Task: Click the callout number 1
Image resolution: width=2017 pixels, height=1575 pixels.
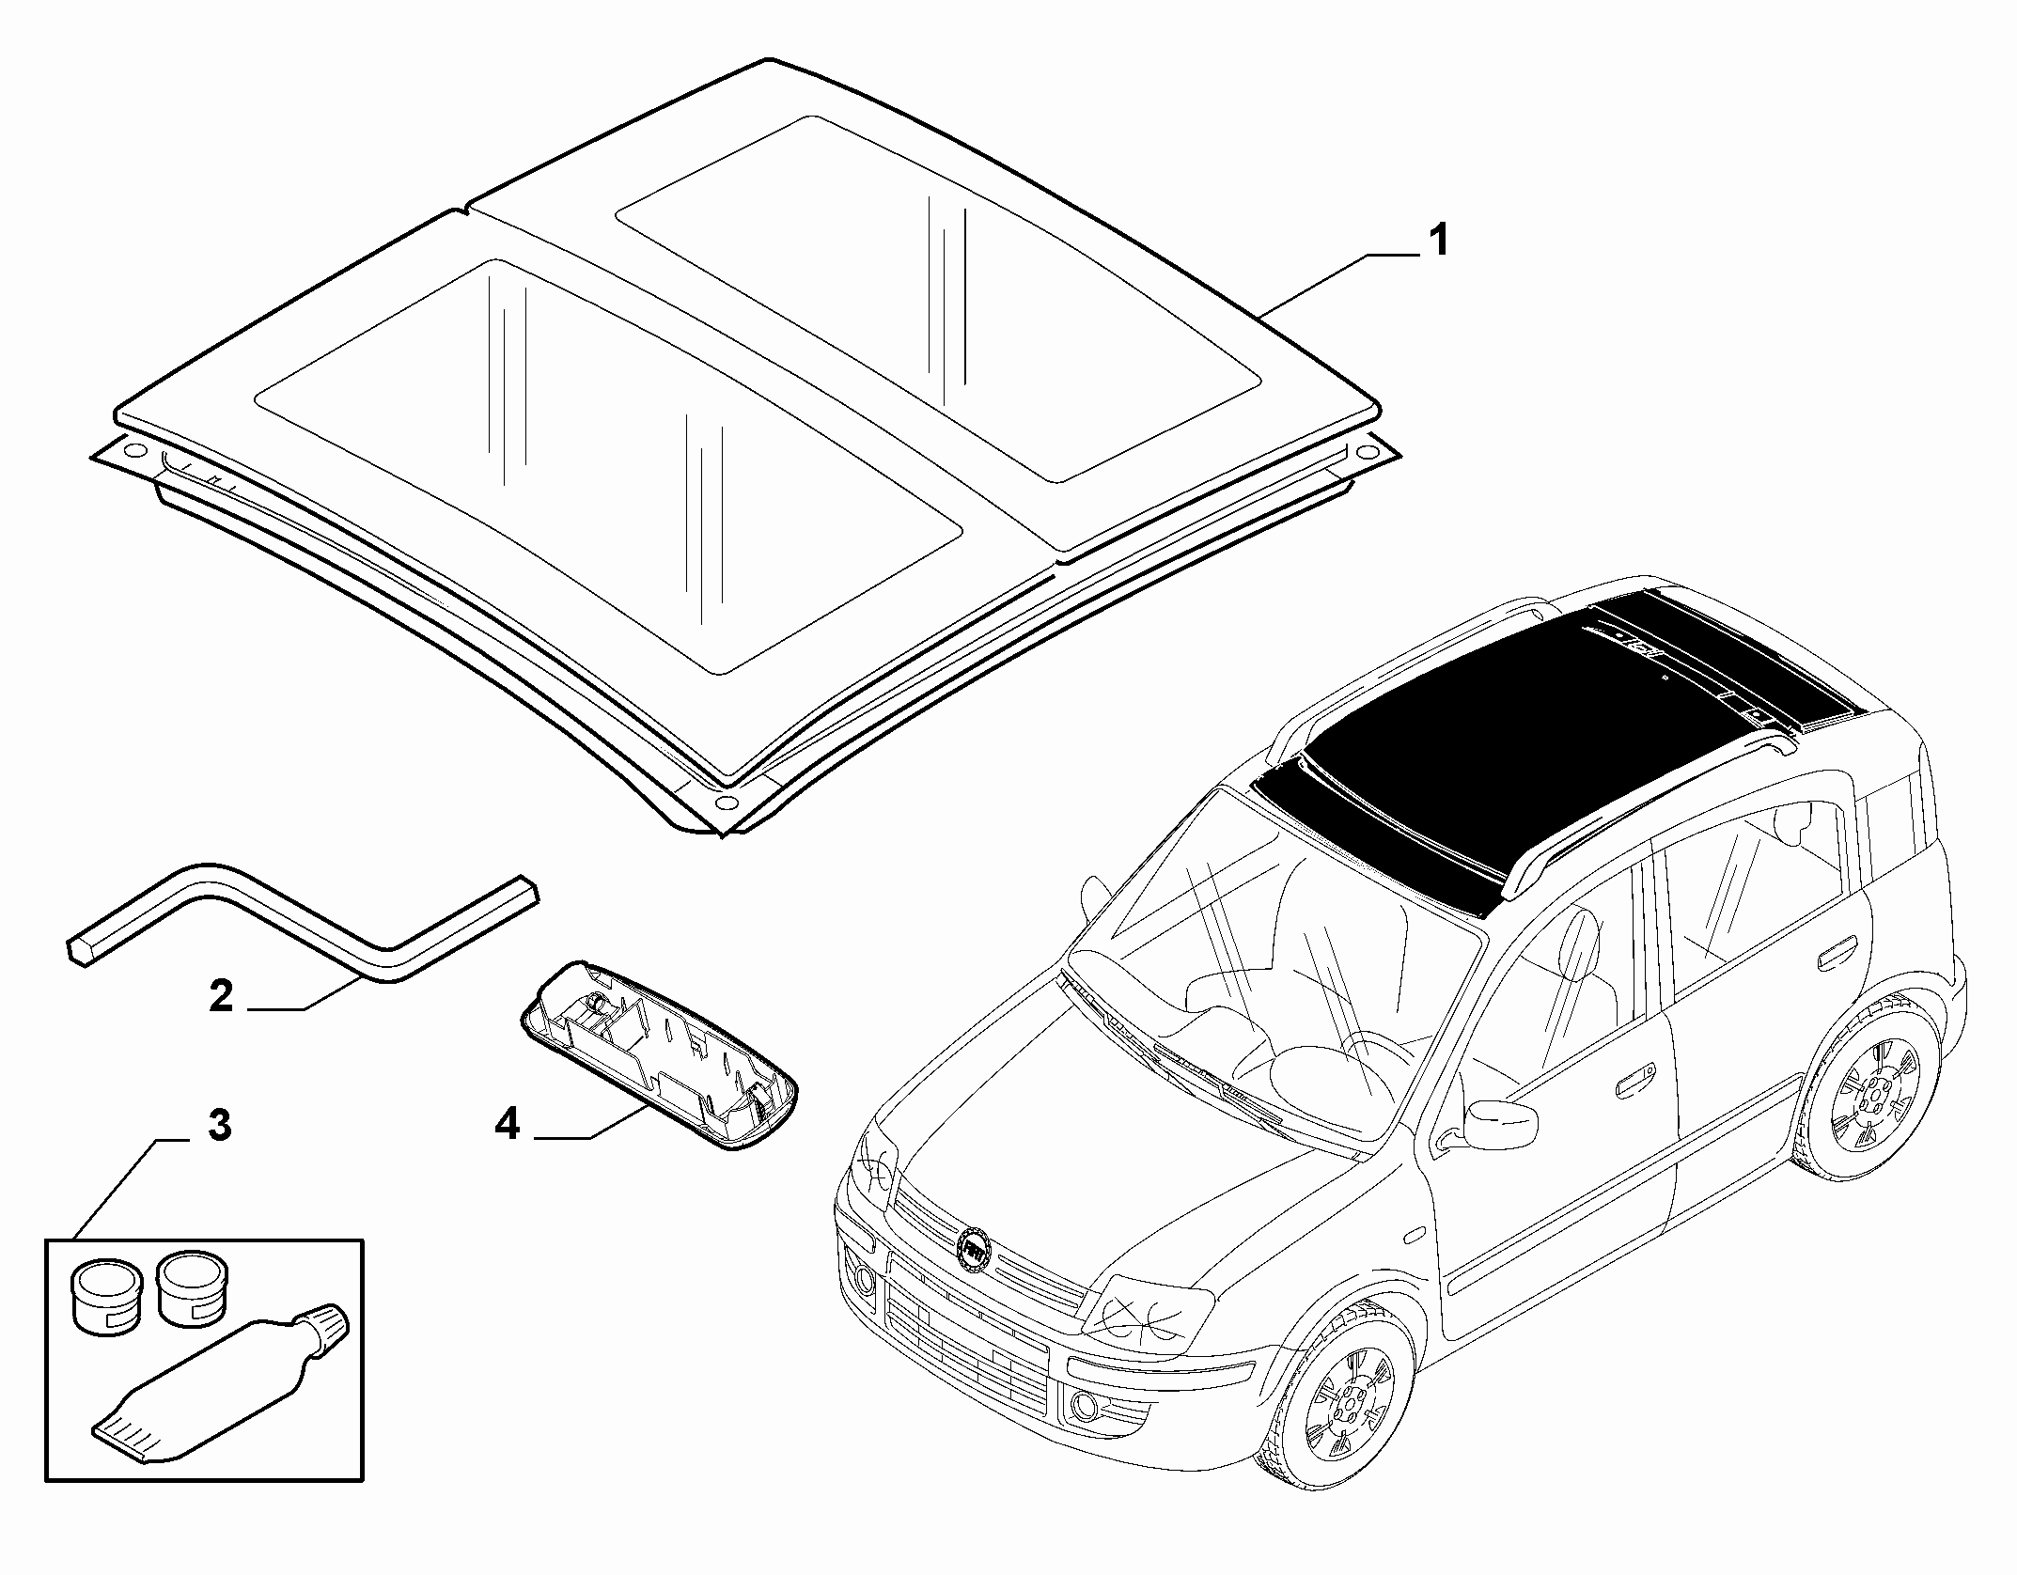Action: (x=1437, y=242)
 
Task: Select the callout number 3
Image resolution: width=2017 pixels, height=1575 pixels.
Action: (x=219, y=1125)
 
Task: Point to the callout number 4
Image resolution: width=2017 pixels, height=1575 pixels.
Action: (x=508, y=1124)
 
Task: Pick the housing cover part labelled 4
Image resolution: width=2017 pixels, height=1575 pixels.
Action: (x=658, y=1053)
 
